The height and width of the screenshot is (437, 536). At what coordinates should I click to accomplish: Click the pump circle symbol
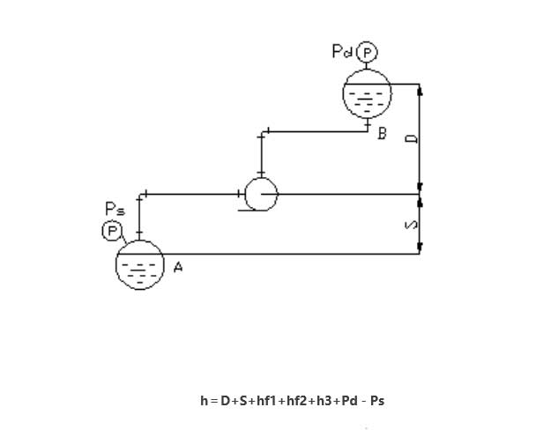pos(261,194)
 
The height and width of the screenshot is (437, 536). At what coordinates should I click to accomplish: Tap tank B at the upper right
pos(366,93)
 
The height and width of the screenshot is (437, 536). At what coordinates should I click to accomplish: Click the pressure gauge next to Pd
pos(366,53)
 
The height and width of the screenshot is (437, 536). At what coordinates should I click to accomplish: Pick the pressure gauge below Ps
pos(112,231)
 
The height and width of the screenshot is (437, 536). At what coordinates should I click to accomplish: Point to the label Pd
pos(342,52)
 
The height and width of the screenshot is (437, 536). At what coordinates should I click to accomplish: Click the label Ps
pos(115,210)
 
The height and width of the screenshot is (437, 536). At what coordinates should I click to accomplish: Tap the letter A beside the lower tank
pos(178,267)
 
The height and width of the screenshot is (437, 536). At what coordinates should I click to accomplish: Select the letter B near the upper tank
pos(382,134)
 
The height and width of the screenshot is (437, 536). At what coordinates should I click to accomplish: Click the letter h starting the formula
pos(204,401)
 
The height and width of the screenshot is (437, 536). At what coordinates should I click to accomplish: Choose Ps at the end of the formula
pos(377,401)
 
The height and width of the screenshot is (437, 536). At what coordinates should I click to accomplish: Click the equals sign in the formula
pos(213,401)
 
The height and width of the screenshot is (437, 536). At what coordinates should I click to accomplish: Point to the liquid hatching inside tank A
pos(140,270)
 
